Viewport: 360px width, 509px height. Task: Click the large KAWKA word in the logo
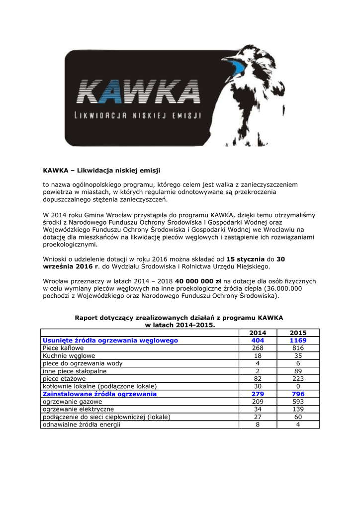pos(139,92)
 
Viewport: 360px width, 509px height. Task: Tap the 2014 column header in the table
pos(258,333)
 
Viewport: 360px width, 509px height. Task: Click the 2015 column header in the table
pos(298,333)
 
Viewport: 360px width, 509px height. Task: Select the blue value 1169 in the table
pos(298,340)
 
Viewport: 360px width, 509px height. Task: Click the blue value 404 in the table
pos(258,340)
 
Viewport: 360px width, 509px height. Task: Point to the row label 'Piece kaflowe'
pos(63,348)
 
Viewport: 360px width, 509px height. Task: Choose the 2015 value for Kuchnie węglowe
pos(298,356)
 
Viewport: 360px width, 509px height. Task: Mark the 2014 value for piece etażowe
pos(258,379)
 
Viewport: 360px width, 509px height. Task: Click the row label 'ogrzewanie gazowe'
pos(73,402)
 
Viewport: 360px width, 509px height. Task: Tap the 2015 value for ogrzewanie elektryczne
pos(298,409)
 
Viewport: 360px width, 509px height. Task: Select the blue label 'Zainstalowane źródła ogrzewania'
pos(99,394)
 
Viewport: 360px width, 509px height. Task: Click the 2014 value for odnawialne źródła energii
pos(258,424)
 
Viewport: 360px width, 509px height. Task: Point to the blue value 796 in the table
pos(298,394)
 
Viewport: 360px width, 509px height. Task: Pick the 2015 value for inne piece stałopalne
pos(298,371)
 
